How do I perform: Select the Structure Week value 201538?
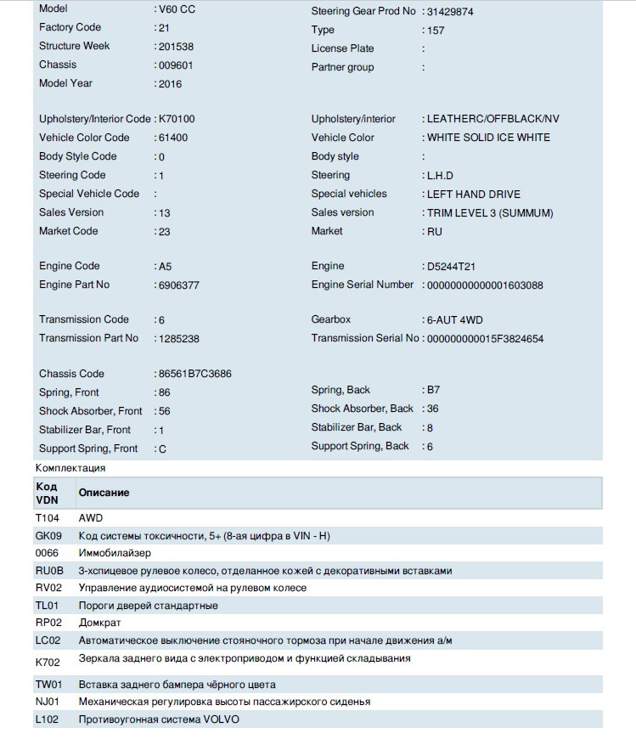pyautogui.click(x=179, y=47)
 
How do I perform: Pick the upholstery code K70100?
pyautogui.click(x=182, y=119)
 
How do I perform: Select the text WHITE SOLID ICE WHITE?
pyautogui.click(x=488, y=138)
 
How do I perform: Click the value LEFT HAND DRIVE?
pyautogui.click(x=474, y=195)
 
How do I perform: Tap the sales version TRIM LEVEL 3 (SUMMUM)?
pyautogui.click(x=490, y=213)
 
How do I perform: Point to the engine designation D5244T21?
pyautogui.click(x=457, y=267)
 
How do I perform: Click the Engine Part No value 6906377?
pyautogui.click(x=179, y=285)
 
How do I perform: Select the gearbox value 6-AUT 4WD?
pyautogui.click(x=454, y=320)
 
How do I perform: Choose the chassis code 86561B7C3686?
pyautogui.click(x=194, y=374)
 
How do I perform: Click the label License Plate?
pyautogui.click(x=342, y=48)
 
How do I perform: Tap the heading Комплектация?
pyautogui.click(x=70, y=468)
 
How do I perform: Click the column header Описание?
pyautogui.click(x=104, y=493)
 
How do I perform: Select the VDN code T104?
pyautogui.click(x=48, y=517)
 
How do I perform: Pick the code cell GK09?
pyautogui.click(x=48, y=535)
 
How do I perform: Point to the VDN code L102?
pyautogui.click(x=48, y=719)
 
